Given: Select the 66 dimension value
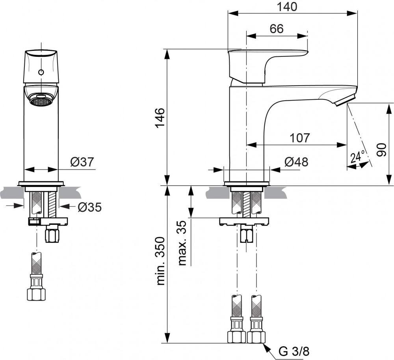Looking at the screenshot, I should coord(277,29).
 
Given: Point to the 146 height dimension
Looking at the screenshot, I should coord(160,118).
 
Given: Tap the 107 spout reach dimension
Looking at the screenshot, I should coord(300,138).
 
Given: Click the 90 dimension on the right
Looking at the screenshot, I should coord(381,150).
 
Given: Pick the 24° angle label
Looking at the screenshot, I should coord(357,157).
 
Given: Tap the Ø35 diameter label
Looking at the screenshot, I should coord(89,207).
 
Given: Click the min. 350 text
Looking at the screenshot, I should coord(161,261).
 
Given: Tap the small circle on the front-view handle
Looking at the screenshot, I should coord(41,73).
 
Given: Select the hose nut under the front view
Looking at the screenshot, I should coord(36,294).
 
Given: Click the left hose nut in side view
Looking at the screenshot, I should coord(236,336).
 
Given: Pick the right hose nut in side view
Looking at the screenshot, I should coord(256,336).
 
